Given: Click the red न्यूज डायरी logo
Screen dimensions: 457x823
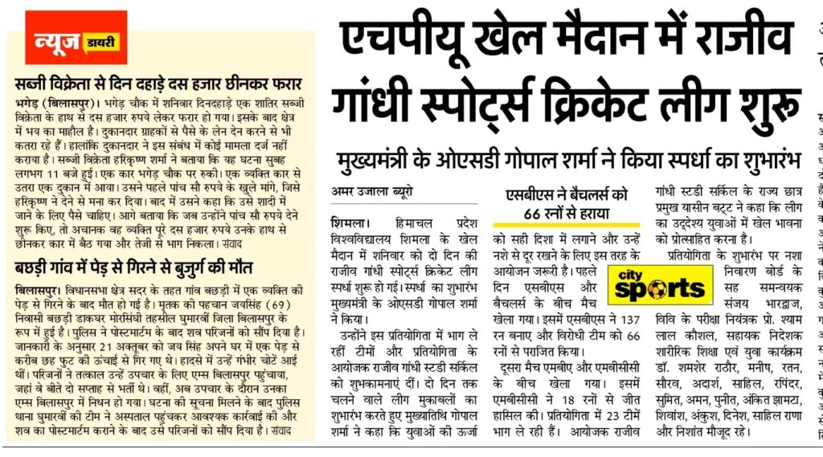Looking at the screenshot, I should [76, 38].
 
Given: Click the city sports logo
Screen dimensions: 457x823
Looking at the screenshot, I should [657, 285].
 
